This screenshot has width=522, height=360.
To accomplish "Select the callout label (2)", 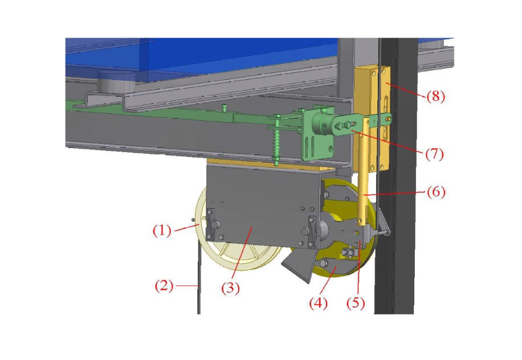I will click(x=164, y=287).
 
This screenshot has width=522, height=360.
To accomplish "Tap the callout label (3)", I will click(x=230, y=289).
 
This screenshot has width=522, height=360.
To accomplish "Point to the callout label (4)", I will click(x=319, y=304).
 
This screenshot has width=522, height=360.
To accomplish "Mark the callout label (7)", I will click(x=436, y=154).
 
